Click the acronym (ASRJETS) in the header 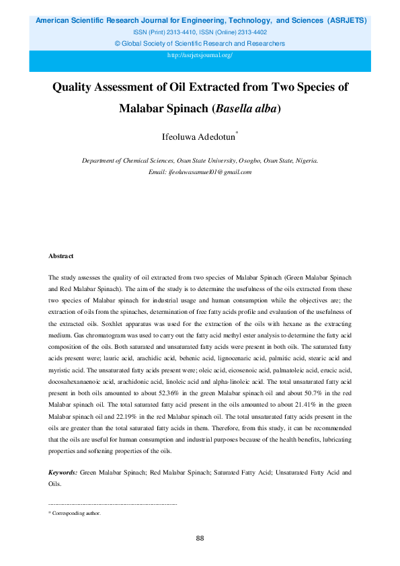(348, 20)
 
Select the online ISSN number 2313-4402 (251, 32)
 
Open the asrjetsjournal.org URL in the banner (200, 55)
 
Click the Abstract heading (61, 256)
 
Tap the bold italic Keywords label (63, 473)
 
